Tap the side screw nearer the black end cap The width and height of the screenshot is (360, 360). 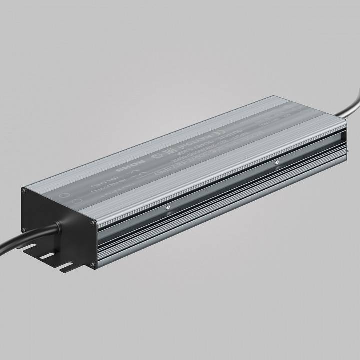coord(168,207)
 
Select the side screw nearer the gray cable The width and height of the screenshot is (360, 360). coord(275,162)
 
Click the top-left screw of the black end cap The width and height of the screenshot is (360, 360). coord(23,189)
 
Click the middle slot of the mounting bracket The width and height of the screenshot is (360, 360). coord(47,256)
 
